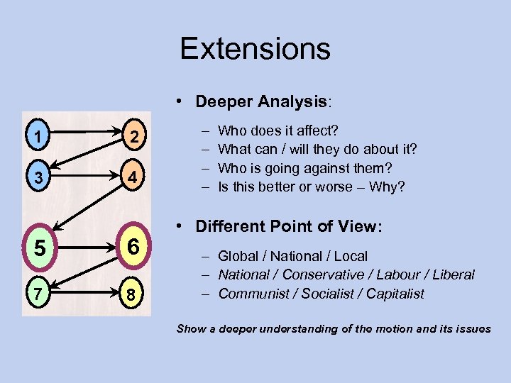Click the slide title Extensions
click(255, 49)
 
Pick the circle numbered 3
click(38, 174)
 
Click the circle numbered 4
click(130, 174)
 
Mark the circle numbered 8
click(131, 292)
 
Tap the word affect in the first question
click(319, 131)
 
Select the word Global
click(238, 256)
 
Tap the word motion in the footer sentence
click(389, 328)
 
